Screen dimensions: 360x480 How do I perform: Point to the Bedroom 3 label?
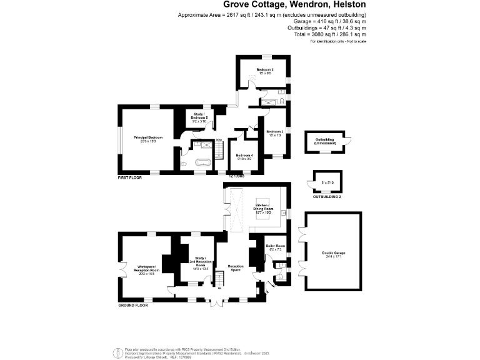point(275,133)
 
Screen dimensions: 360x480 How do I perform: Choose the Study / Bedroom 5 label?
point(200,116)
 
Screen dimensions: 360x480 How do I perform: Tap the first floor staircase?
point(219,149)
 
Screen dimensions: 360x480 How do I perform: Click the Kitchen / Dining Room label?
point(263,210)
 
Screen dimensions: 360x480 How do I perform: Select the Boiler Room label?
point(275,247)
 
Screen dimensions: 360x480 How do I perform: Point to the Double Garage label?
point(334,253)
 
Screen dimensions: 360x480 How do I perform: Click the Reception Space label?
point(234,267)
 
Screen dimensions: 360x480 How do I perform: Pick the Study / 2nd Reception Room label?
point(200,262)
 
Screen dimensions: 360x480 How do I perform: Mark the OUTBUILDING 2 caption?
point(327,196)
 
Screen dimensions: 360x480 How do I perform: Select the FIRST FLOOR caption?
point(130,177)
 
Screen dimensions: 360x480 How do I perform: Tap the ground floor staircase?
point(219,277)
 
